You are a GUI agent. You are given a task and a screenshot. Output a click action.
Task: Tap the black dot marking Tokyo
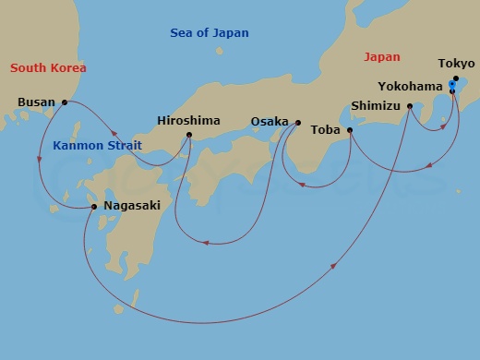(455, 78)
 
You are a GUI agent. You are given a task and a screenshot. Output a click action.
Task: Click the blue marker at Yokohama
(451, 86)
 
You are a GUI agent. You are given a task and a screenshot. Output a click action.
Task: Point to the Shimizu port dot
(409, 106)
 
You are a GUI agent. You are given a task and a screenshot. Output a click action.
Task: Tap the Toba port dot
(349, 130)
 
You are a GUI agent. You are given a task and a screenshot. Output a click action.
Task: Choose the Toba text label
(326, 130)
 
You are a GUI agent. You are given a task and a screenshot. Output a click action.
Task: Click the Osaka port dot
(297, 122)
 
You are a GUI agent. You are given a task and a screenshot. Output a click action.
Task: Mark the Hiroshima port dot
(189, 136)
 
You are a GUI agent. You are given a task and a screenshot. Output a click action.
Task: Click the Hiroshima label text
(188, 121)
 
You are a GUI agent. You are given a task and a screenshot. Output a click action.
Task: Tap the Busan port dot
(65, 102)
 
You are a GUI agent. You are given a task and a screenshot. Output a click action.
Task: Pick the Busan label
(36, 102)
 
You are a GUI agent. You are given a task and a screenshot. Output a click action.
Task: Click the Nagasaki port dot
(94, 206)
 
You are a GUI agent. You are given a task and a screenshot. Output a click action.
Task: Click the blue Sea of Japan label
(210, 33)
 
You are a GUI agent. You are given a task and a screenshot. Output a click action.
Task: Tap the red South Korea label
(48, 68)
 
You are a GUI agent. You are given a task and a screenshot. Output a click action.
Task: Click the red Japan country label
(382, 56)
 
